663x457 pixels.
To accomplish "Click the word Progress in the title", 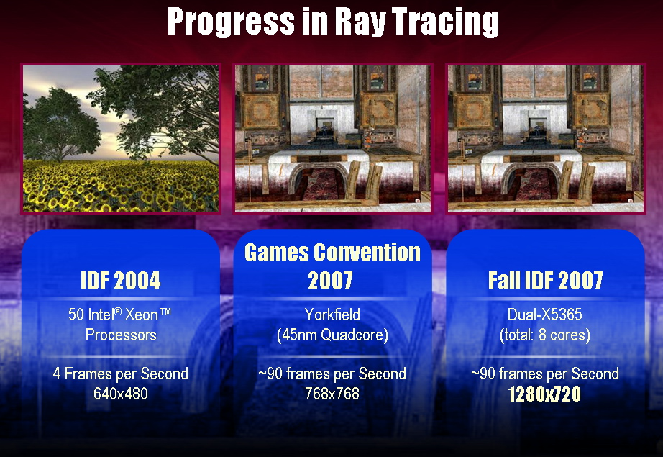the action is tap(231, 22).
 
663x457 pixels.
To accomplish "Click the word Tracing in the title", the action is tap(445, 22).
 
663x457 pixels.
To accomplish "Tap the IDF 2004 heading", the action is tap(121, 281).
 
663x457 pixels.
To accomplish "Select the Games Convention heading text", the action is tap(332, 253).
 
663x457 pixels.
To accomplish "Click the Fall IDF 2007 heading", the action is tap(546, 281).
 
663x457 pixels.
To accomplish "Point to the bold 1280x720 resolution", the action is tap(544, 394).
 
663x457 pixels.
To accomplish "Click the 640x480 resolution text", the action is tap(121, 394).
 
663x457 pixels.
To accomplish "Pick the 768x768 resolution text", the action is tap(332, 394).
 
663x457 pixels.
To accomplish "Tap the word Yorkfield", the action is tap(332, 315).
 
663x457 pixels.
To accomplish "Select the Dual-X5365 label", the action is tap(545, 315).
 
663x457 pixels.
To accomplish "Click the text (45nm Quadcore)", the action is tap(332, 335).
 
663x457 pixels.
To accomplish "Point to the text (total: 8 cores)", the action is tap(545, 335).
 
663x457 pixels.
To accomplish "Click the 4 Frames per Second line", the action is tap(121, 374).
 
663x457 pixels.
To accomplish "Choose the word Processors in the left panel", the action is tap(121, 335).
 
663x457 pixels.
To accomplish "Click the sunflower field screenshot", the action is tap(121, 139).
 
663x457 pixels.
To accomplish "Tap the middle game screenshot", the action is tap(333, 139).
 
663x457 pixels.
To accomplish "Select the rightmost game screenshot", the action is tap(546, 139).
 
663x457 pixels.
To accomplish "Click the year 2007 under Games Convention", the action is tap(330, 281).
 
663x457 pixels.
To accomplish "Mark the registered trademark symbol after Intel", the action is tap(119, 311).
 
